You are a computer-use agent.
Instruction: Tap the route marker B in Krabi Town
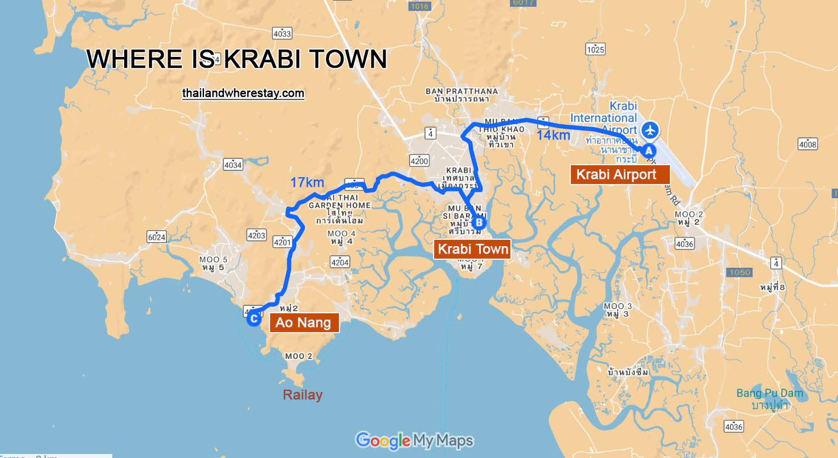tap(480, 223)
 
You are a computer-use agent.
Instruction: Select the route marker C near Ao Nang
tap(254, 319)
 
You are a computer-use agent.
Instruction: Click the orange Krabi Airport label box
tap(619, 174)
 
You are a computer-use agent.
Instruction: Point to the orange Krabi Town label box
tap(472, 249)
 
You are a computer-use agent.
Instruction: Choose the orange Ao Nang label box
tap(304, 323)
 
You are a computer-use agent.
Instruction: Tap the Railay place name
tap(303, 395)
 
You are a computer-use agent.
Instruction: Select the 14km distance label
tap(553, 135)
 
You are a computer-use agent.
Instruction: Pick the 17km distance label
tap(307, 183)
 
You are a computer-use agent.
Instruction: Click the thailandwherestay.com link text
tap(243, 93)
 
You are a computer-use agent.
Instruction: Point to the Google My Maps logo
tap(414, 440)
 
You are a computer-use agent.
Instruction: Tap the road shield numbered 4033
tap(281, 34)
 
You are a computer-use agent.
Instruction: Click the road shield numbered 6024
tap(156, 237)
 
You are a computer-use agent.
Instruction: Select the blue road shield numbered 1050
tap(739, 272)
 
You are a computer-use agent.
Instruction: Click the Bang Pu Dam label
tap(769, 393)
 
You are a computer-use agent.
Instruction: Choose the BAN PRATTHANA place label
tap(461, 91)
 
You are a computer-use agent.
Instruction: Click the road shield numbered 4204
tap(340, 262)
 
